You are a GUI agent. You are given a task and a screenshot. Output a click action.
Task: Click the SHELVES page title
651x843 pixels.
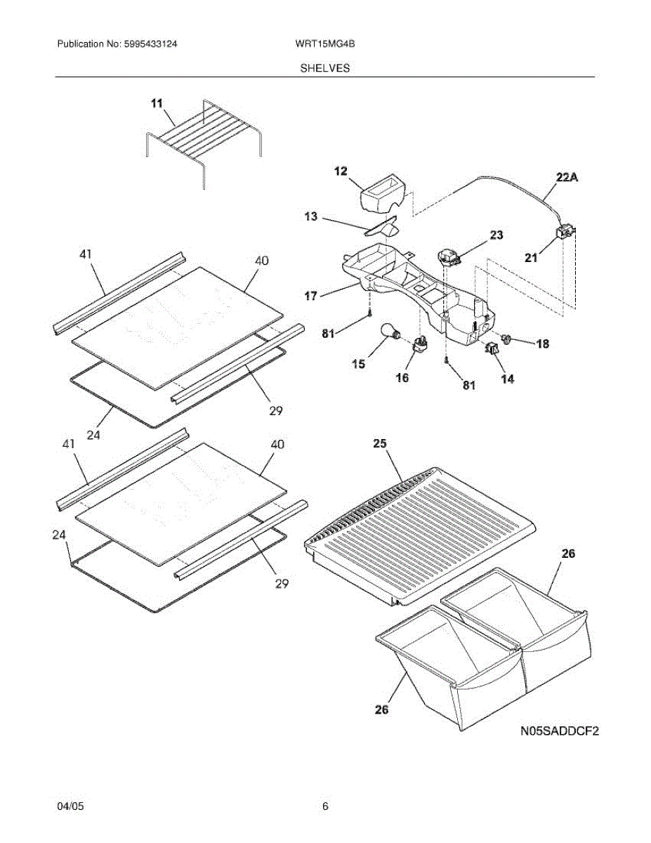pyautogui.click(x=325, y=68)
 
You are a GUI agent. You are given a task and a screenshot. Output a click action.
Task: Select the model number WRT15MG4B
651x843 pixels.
pyautogui.click(x=325, y=44)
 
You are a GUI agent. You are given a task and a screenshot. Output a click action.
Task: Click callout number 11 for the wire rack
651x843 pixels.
pyautogui.click(x=156, y=103)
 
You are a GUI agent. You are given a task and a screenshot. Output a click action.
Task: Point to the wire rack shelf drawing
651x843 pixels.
pyautogui.click(x=204, y=137)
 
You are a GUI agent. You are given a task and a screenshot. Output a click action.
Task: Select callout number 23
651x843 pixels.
pyautogui.click(x=497, y=235)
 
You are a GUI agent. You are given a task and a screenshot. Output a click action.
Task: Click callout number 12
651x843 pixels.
pyautogui.click(x=341, y=171)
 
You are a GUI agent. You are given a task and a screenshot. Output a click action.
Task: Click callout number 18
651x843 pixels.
pyautogui.click(x=543, y=344)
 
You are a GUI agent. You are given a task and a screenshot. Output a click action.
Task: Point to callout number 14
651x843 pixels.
pyautogui.click(x=506, y=379)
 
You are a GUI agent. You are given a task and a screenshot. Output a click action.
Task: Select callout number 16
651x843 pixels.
pyautogui.click(x=402, y=378)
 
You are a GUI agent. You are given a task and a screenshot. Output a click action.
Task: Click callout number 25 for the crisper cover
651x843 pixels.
pyautogui.click(x=380, y=444)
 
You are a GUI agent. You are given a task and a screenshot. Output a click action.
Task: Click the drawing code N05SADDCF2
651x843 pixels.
pyautogui.click(x=559, y=732)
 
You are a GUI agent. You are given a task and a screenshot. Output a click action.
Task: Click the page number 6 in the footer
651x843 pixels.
pyautogui.click(x=325, y=806)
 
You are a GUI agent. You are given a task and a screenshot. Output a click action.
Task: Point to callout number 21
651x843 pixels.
pyautogui.click(x=531, y=258)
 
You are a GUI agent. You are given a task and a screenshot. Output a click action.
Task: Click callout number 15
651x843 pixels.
pyautogui.click(x=358, y=364)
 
